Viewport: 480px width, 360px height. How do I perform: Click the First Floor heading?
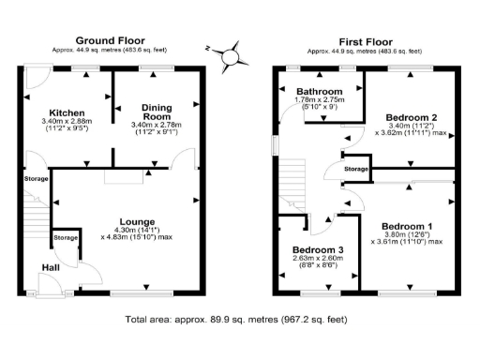(365, 40)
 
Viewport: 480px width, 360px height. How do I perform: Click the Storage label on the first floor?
(355, 169)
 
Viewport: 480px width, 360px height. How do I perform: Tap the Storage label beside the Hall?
(66, 238)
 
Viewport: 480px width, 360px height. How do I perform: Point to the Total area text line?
(240, 320)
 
